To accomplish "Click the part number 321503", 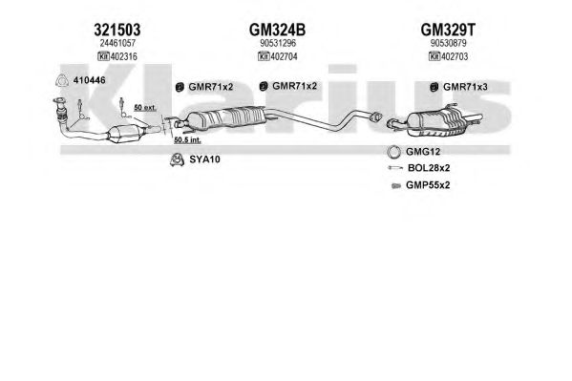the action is point(117,30).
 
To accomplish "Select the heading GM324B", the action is point(277,30).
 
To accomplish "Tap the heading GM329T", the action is point(448,30).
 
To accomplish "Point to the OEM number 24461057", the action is point(117,43).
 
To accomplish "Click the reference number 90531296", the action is point(278,43).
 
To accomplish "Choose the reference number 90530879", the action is point(448,43).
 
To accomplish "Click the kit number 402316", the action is point(124,56).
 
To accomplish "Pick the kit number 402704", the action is point(284,56).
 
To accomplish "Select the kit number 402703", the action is point(455,56).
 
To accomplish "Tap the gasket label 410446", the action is point(90,80).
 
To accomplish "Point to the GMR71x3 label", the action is point(465,87).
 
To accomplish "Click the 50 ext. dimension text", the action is point(145,107).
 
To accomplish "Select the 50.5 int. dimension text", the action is point(187,139).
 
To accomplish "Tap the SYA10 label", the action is point(204,159).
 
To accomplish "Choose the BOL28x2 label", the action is point(429,168).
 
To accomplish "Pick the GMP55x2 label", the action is point(428,185).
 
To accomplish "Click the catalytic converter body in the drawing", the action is point(124,135).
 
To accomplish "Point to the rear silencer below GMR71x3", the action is point(436,121).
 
